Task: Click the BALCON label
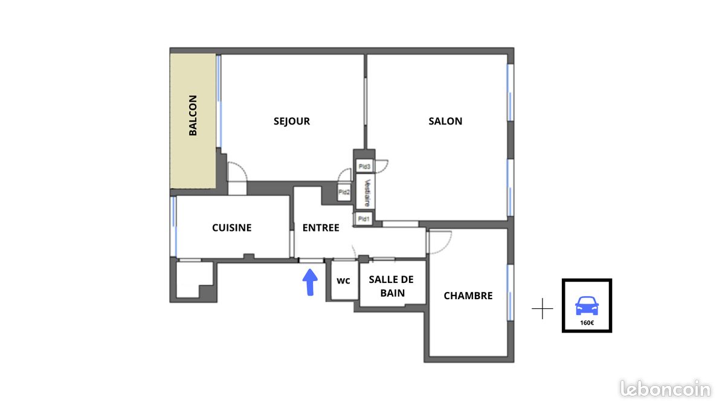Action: point(193,115)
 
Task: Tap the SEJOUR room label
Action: point(292,121)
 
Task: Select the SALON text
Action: point(445,121)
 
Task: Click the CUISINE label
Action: point(231,228)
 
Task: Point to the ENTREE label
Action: point(321,228)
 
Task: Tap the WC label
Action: point(343,281)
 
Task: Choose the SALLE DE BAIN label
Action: point(391,287)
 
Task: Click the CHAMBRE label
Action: point(468,296)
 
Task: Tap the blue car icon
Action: point(587,306)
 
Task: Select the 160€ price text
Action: point(587,323)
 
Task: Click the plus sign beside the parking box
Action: point(542,309)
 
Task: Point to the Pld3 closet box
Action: point(364,166)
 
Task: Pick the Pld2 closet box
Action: point(344,192)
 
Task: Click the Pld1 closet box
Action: point(364,219)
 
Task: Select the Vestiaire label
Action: point(366,193)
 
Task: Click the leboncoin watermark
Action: point(665,389)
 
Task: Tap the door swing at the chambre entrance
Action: point(438,241)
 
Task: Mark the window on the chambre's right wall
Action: point(510,293)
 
